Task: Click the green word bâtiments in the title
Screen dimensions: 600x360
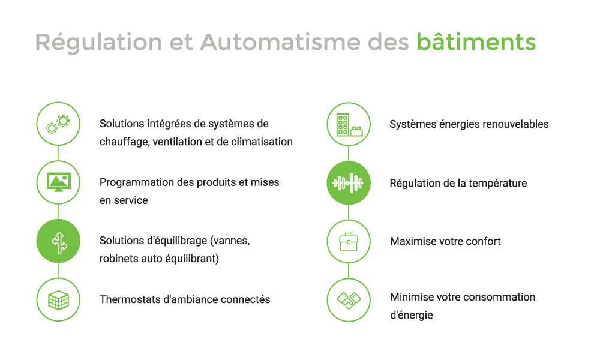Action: click(x=476, y=42)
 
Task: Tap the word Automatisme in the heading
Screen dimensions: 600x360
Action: click(x=280, y=42)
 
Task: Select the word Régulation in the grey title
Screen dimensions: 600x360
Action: click(x=99, y=43)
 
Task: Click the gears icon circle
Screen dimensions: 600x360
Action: click(x=58, y=124)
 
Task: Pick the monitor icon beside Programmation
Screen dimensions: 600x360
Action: click(x=58, y=182)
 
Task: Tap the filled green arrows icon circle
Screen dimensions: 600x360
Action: click(x=58, y=241)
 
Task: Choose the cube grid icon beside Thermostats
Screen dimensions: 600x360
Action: click(x=58, y=299)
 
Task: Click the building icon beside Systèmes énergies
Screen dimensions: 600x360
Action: click(x=349, y=124)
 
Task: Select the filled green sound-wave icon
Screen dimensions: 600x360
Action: click(x=349, y=183)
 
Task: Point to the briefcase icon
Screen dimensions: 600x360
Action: click(x=349, y=241)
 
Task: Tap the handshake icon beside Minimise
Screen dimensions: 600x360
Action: click(x=349, y=300)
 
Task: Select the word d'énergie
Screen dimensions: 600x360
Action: click(x=412, y=315)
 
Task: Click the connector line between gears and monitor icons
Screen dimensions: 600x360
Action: click(x=58, y=153)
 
